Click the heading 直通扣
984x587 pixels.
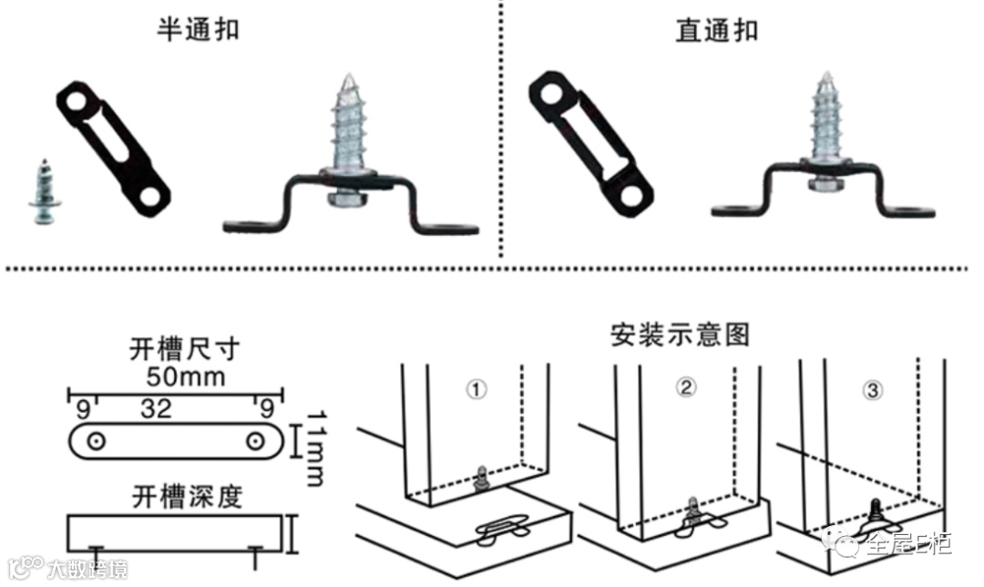click(x=717, y=29)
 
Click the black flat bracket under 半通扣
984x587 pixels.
click(x=114, y=149)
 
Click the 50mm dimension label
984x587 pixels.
click(x=186, y=376)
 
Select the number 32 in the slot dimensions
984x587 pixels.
click(x=156, y=408)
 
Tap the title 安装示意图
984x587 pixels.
click(x=680, y=335)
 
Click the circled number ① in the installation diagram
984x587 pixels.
click(x=477, y=389)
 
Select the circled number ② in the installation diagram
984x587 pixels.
click(x=685, y=386)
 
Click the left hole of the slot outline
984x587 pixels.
click(x=96, y=442)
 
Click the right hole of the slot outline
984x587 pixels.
click(x=254, y=442)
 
